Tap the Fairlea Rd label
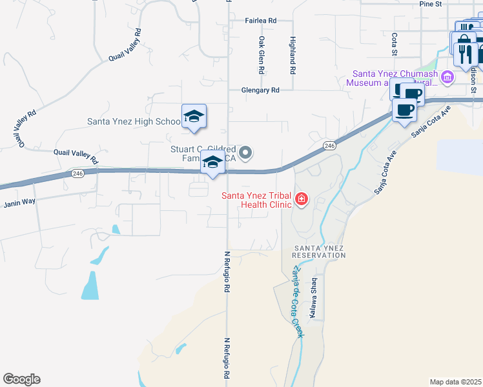pyautogui.click(x=260, y=21)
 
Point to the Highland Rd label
pyautogui.click(x=293, y=54)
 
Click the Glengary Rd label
pyautogui.click(x=261, y=90)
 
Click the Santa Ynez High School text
pyautogui.click(x=134, y=121)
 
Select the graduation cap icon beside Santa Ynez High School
pyautogui.click(x=194, y=116)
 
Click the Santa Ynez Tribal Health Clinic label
pyautogui.click(x=257, y=200)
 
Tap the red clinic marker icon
pyautogui.click(x=302, y=199)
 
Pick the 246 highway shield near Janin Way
pyautogui.click(x=77, y=174)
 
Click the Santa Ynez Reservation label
pyautogui.click(x=320, y=252)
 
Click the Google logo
pyautogui.click(x=21, y=379)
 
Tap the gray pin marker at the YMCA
pyautogui.click(x=245, y=153)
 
